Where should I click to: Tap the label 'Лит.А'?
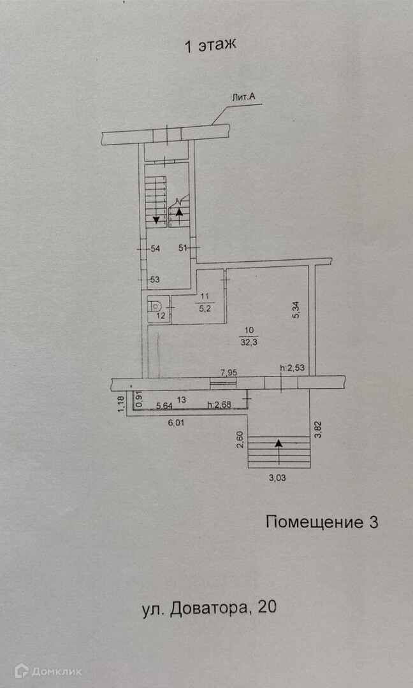pyautogui.click(x=244, y=97)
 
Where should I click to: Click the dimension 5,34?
pyautogui.click(x=296, y=310)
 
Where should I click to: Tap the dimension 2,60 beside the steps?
pyautogui.click(x=240, y=440)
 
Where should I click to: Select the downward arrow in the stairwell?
pyautogui.click(x=156, y=219)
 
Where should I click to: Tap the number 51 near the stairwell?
pyautogui.click(x=183, y=248)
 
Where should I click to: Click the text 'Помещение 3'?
pyautogui.click(x=321, y=522)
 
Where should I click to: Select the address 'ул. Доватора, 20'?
pyautogui.click(x=209, y=608)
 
